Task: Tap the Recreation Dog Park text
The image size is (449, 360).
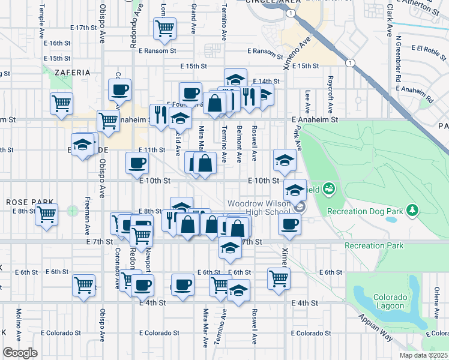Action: (364, 211)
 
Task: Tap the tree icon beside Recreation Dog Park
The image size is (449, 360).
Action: (412, 209)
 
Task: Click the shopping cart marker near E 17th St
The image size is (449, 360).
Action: (164, 28)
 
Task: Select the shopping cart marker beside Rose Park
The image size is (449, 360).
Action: (46, 214)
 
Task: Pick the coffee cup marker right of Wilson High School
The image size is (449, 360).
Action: (290, 224)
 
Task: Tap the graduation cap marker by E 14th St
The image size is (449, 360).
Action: (236, 79)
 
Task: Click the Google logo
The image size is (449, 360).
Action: (20, 353)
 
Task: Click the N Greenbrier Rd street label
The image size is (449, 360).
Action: (397, 61)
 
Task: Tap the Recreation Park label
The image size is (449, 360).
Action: (374, 246)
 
